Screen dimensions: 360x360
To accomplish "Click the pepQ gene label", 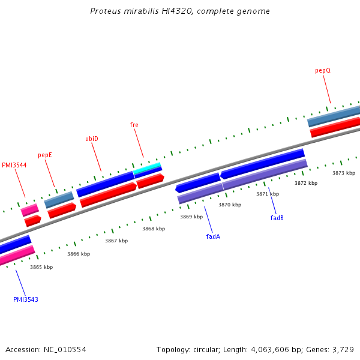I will coord(323,70).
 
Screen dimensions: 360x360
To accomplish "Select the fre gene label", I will coord(134,125).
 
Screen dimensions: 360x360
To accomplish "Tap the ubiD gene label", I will coord(92,139).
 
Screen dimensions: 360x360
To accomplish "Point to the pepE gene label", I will coord(45,155).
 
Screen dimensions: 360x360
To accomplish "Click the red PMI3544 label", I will coord(14,165).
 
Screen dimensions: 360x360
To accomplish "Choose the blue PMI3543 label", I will coord(26,299).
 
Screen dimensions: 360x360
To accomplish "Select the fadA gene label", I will coord(213,236).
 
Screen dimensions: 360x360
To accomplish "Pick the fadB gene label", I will coord(277,218).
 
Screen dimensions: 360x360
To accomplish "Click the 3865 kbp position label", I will coord(41,267).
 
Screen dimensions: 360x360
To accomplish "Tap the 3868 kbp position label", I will coord(153,229).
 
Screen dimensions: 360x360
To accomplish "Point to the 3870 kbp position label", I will coord(230,205).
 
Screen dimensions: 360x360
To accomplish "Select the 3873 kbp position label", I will coord(344,173).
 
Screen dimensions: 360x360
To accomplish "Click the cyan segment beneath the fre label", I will coord(147,167).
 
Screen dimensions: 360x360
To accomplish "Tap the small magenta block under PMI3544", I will coord(29,209).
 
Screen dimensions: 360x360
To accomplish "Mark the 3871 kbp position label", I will coord(268,194).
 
